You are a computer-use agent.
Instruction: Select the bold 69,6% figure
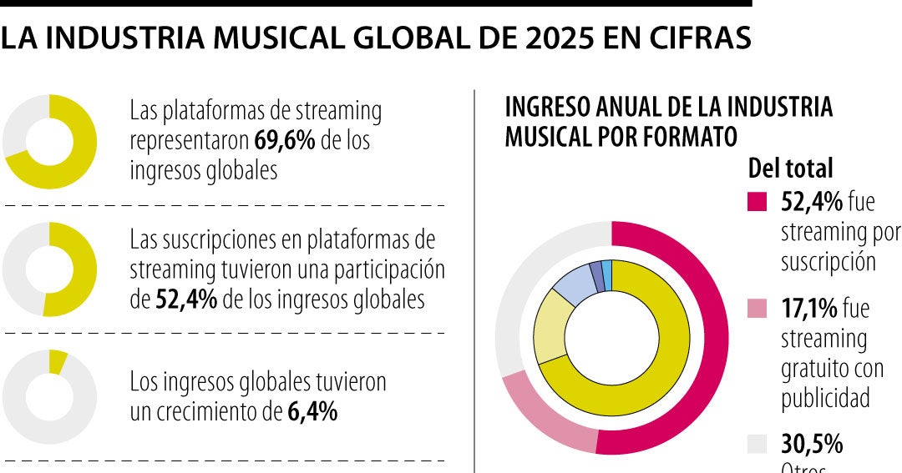(x=285, y=140)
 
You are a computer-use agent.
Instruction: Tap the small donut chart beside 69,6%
(x=49, y=142)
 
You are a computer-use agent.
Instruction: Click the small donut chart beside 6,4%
(x=49, y=397)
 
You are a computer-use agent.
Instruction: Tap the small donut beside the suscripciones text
(x=49, y=269)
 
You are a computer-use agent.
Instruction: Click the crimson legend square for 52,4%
(x=758, y=202)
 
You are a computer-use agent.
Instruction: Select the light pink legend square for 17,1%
(x=758, y=309)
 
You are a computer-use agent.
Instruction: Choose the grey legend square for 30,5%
(x=758, y=443)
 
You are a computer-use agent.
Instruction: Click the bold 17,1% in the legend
(x=808, y=309)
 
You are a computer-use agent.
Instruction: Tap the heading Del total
(x=790, y=168)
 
